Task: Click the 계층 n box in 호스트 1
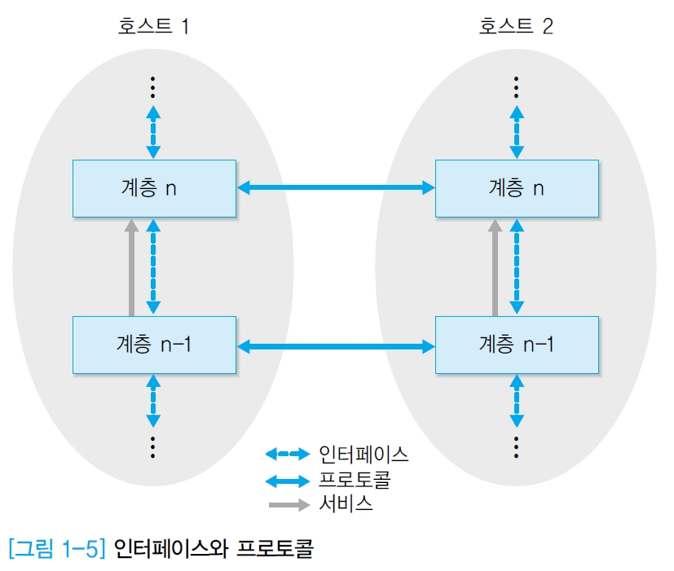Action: coord(154,188)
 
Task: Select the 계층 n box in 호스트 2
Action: coord(516,188)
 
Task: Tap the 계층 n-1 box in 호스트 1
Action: coord(154,345)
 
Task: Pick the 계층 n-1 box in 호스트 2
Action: coord(516,345)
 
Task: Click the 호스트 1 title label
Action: coord(154,27)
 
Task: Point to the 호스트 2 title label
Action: coord(516,27)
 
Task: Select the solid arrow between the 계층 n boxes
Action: coord(335,188)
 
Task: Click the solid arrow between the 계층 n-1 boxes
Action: coord(335,346)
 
